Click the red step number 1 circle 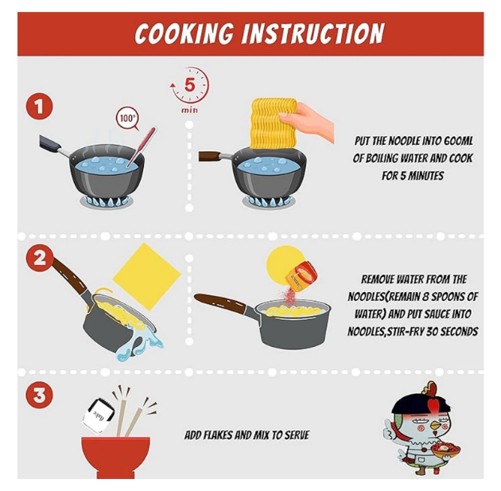pyautogui.click(x=39, y=107)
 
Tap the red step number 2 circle pyautogui.click(x=39, y=258)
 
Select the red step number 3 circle pyautogui.click(x=39, y=395)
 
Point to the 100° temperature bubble pyautogui.click(x=127, y=119)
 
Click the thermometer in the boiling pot pyautogui.click(x=141, y=146)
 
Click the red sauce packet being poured pyautogui.click(x=301, y=272)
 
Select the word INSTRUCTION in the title pyautogui.click(x=313, y=33)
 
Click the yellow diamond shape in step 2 pyautogui.click(x=146, y=276)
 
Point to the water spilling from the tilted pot pyautogui.click(x=138, y=344)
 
